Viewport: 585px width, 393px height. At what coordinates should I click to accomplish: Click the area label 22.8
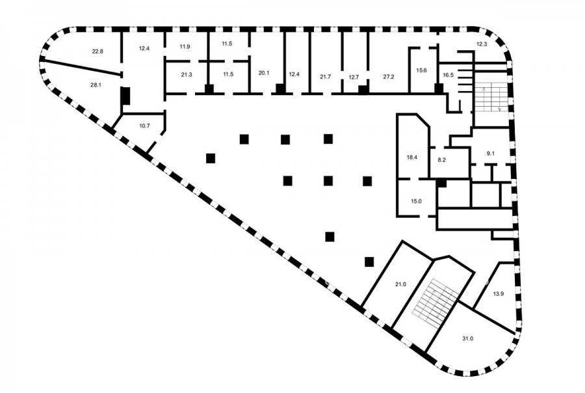(x=97, y=51)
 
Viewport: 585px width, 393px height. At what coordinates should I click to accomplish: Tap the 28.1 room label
(x=96, y=85)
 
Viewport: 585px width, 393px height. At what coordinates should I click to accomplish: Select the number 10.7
(x=144, y=126)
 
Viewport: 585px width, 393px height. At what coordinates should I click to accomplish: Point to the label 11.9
(x=185, y=47)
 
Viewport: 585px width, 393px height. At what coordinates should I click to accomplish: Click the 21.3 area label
(x=187, y=74)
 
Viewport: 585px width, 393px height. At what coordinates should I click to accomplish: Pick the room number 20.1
(x=264, y=73)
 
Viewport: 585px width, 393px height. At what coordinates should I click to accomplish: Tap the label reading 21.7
(x=326, y=77)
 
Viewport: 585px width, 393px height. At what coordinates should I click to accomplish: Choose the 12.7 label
(x=354, y=77)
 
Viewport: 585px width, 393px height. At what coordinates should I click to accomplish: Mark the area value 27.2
(x=389, y=77)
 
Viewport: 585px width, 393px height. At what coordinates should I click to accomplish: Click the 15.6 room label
(x=422, y=70)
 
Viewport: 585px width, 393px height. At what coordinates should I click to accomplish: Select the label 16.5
(x=448, y=75)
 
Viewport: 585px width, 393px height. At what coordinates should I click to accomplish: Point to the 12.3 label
(x=482, y=44)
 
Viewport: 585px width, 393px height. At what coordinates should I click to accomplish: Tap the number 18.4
(x=412, y=157)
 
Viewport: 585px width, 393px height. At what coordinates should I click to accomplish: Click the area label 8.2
(x=442, y=160)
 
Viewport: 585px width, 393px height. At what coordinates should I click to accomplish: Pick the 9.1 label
(x=491, y=153)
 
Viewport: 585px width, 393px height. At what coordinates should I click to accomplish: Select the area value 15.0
(x=417, y=201)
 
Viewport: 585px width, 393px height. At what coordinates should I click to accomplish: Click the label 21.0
(x=400, y=284)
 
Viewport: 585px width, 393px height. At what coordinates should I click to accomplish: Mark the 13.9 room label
(x=499, y=293)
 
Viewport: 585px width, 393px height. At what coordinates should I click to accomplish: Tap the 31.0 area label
(x=467, y=338)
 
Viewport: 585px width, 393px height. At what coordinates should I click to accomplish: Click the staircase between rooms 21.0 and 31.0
(x=435, y=299)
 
